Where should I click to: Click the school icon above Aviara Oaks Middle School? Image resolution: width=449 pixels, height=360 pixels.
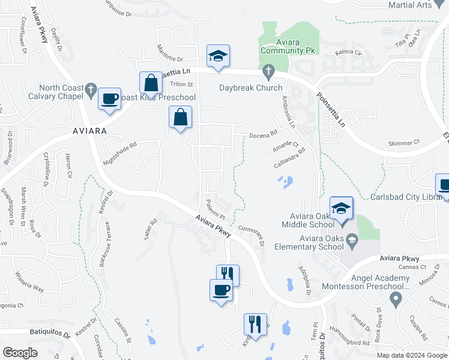(x=341, y=208)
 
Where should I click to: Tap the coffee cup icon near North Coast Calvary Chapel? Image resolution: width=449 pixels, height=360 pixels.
(x=109, y=99)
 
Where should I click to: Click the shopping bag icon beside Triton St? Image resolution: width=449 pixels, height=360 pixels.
(x=151, y=82)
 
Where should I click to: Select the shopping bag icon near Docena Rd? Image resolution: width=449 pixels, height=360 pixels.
(x=180, y=118)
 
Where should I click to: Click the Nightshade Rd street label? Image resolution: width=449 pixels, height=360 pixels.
(x=121, y=153)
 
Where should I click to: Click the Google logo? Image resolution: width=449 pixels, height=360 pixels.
(x=20, y=353)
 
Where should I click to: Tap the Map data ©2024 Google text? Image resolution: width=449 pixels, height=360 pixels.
(x=411, y=355)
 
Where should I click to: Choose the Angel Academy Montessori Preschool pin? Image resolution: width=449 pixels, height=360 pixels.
(x=395, y=298)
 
